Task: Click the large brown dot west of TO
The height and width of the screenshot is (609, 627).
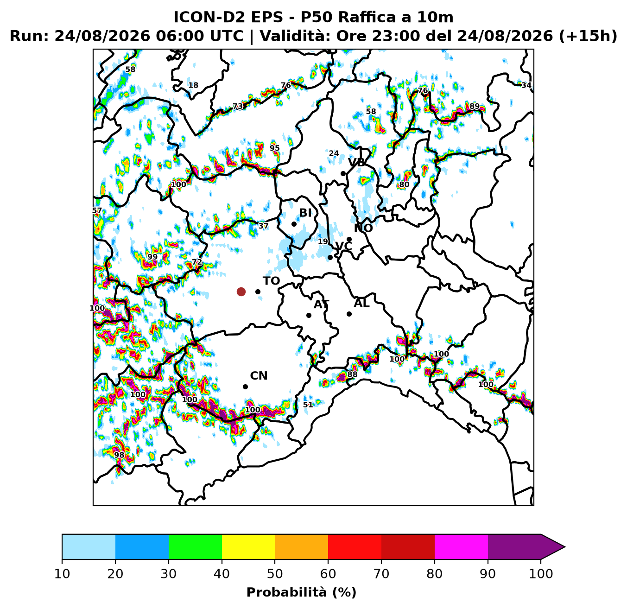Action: (x=241, y=292)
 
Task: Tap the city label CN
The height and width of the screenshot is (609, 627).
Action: (x=259, y=376)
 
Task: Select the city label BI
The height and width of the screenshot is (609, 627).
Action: (x=305, y=213)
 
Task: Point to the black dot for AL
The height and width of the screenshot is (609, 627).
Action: (x=349, y=314)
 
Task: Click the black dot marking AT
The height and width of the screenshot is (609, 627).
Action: (x=309, y=315)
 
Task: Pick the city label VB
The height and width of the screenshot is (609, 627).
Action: (x=356, y=162)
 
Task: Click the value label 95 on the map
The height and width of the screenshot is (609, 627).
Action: (x=274, y=148)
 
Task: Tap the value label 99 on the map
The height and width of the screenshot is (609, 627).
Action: (x=152, y=257)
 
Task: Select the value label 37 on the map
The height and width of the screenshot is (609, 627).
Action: (x=263, y=226)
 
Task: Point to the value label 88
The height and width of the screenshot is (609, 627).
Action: (x=352, y=374)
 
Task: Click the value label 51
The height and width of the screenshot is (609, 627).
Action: (x=308, y=405)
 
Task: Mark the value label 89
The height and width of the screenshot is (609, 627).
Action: (x=474, y=106)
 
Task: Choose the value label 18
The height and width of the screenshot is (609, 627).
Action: (x=193, y=85)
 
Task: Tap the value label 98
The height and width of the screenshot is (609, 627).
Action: (x=119, y=455)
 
